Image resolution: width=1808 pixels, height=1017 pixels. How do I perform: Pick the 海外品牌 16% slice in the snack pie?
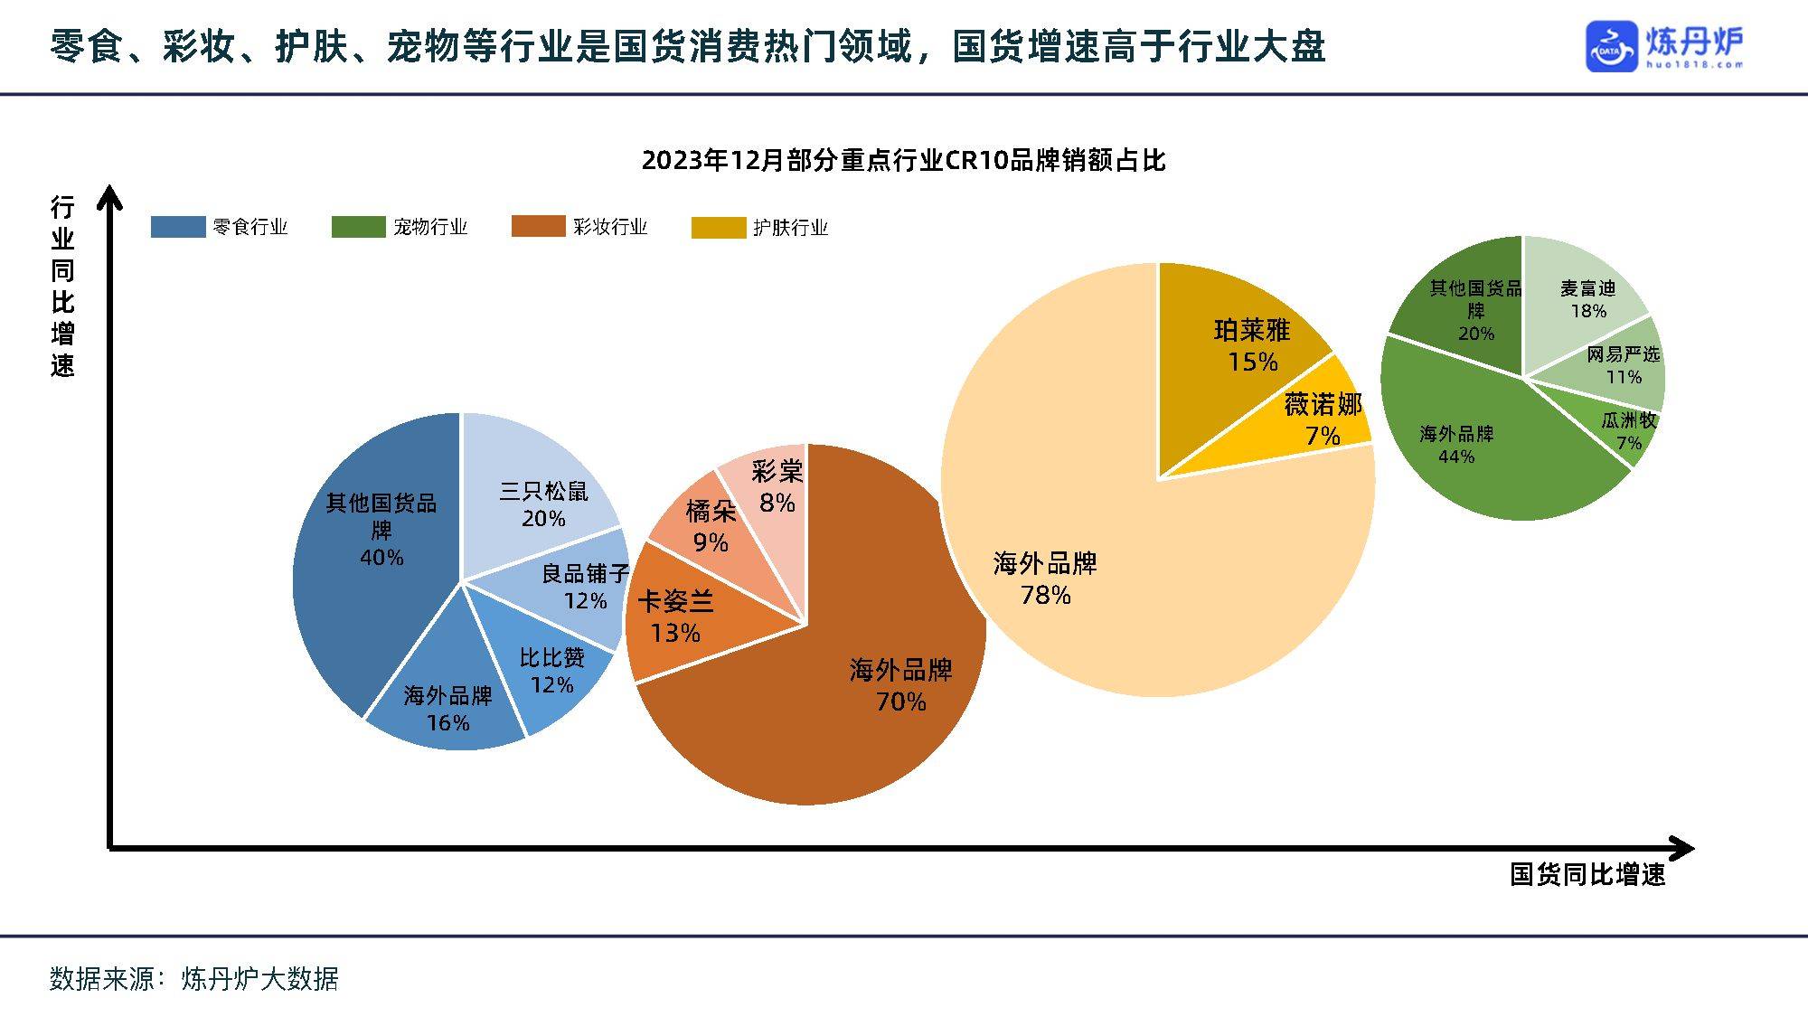(447, 701)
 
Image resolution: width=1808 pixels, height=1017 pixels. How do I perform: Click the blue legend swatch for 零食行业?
(178, 227)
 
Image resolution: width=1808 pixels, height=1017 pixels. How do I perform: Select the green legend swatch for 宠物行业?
(358, 227)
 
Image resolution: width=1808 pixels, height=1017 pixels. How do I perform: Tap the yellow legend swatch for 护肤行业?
(719, 227)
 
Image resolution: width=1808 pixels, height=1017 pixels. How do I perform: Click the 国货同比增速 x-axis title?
(1587, 875)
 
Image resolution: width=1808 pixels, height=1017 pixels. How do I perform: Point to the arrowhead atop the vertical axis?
(109, 194)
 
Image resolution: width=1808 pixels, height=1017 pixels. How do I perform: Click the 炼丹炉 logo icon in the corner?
(1611, 46)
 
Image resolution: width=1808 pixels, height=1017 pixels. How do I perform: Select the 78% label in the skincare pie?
(1045, 595)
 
